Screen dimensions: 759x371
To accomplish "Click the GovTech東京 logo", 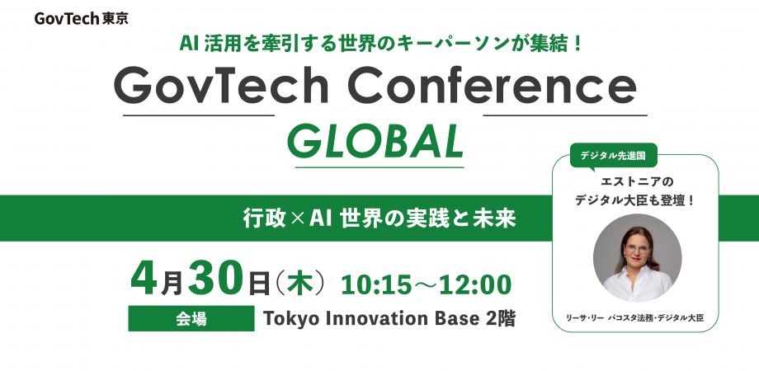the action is pos(81,18).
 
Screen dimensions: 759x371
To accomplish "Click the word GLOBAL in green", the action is pos(375,143).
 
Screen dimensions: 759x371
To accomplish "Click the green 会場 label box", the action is pos(191,318).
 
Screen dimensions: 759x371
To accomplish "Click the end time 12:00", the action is pos(476,285).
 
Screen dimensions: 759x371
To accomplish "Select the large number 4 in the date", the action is pos(146,280).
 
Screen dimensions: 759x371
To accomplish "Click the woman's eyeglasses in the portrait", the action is pos(638,249).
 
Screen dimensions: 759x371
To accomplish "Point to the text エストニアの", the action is pos(635,182).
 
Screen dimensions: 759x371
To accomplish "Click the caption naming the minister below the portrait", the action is pos(634,317).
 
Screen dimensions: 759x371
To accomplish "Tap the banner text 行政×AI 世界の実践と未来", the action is pos(379,219).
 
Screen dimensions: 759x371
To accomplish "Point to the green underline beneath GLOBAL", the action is pos(379,167).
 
